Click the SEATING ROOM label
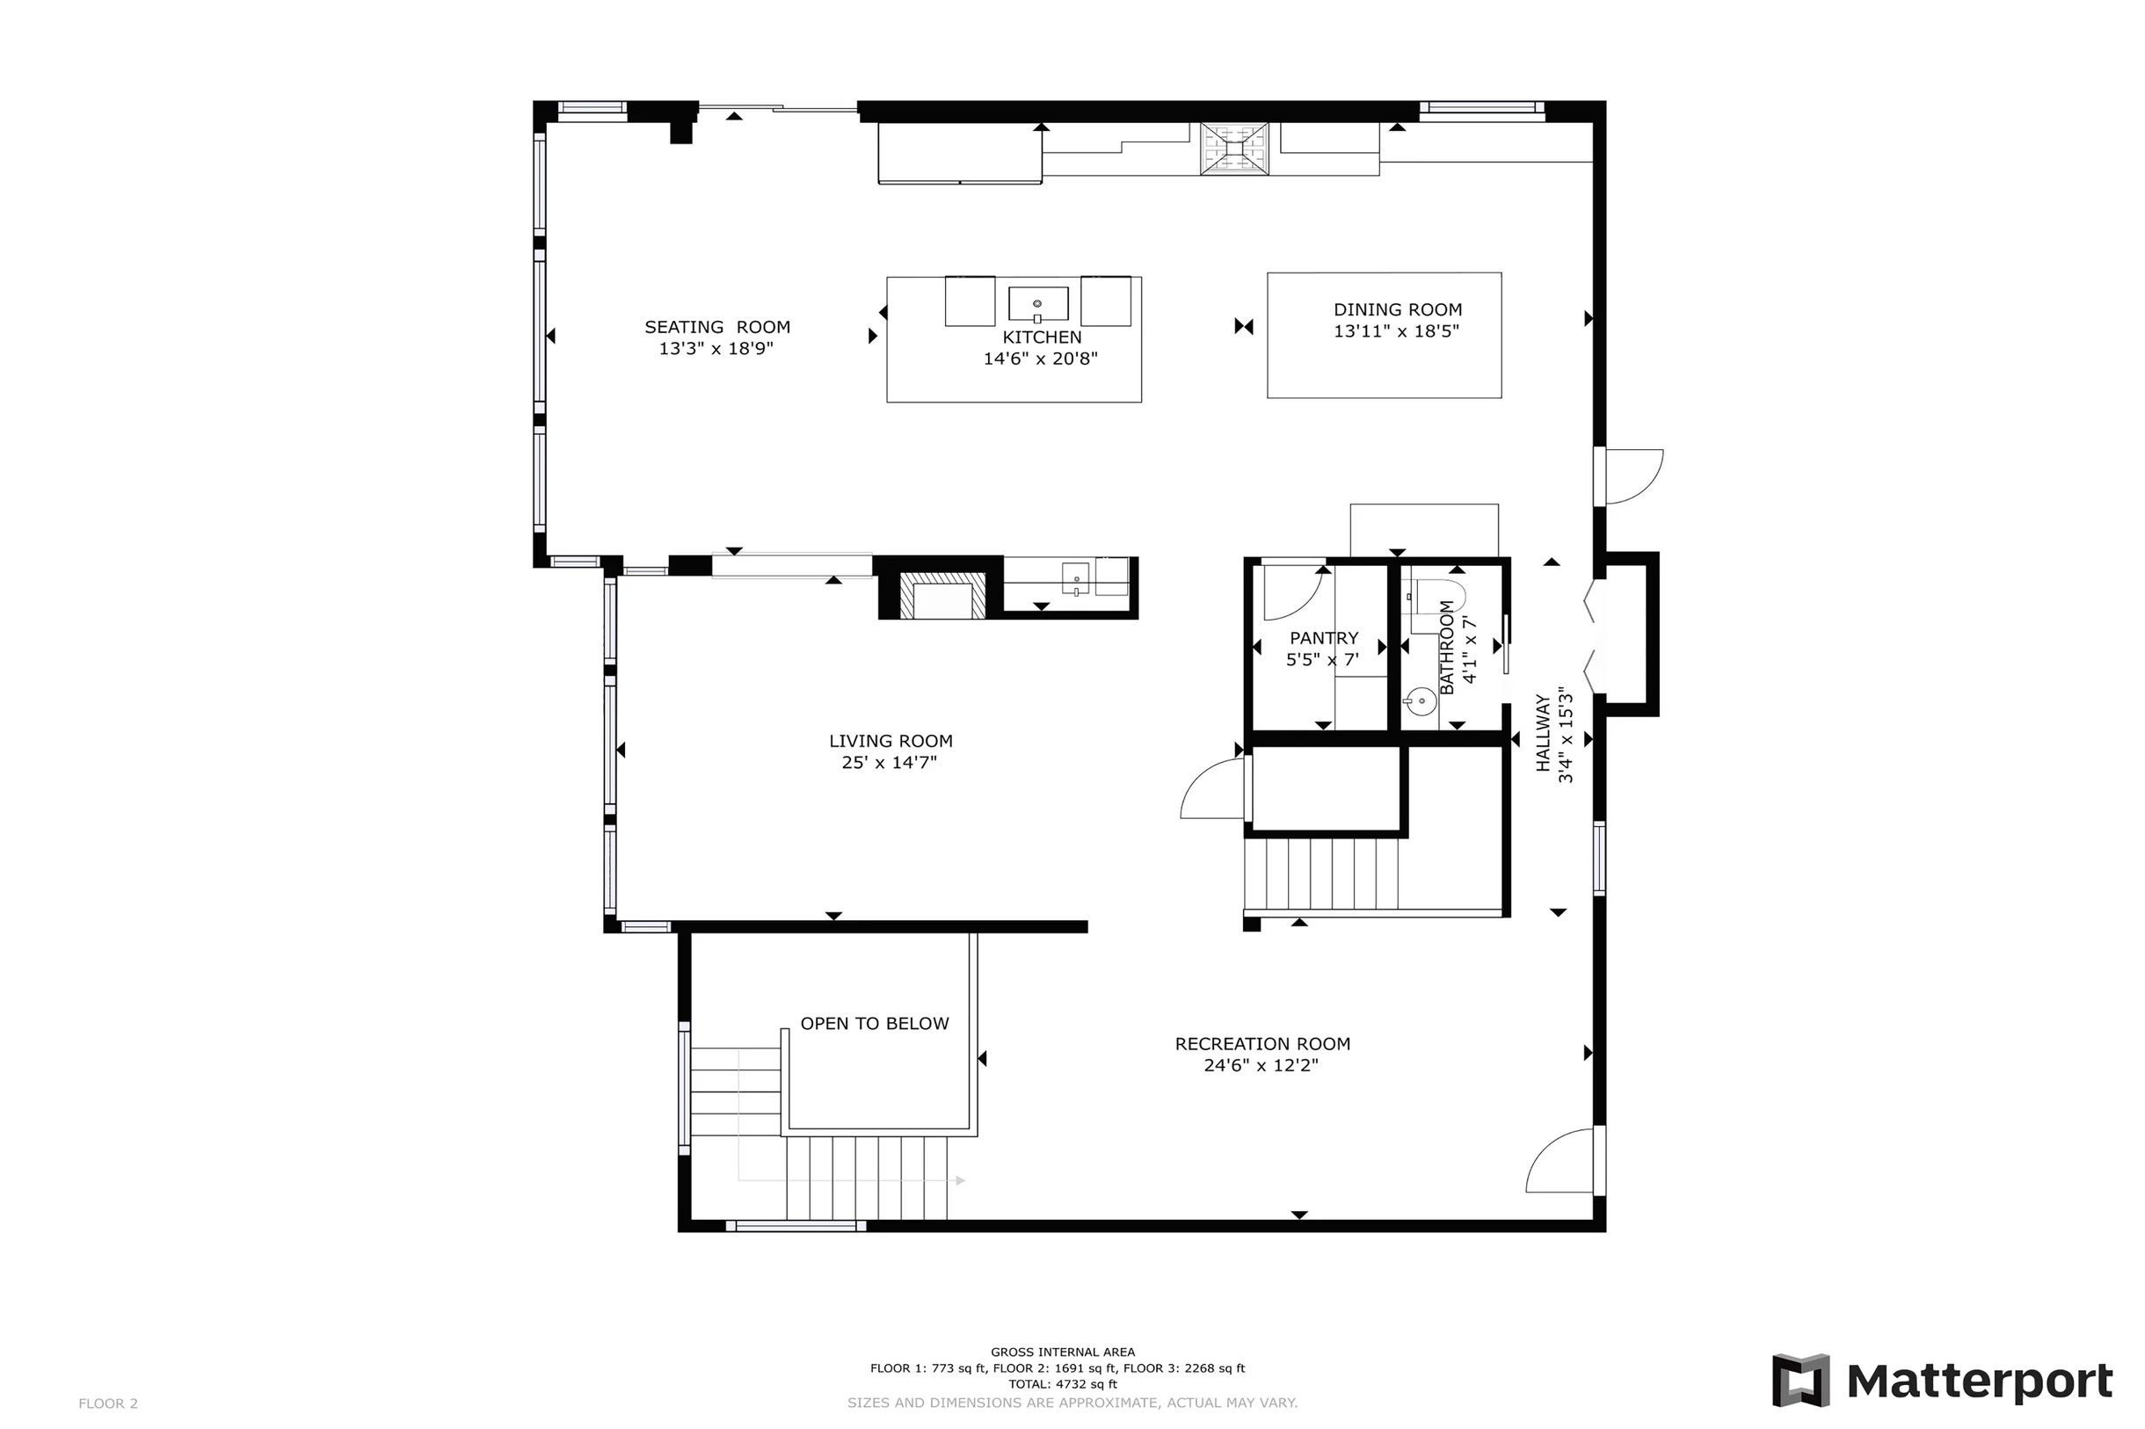click(x=716, y=327)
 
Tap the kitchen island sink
click(x=1037, y=304)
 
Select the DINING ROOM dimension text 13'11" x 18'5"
click(x=1396, y=331)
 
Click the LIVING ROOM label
click(x=891, y=741)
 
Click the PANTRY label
click(x=1324, y=638)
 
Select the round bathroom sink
click(x=1420, y=701)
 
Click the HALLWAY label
click(x=1543, y=733)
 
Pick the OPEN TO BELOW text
click(x=874, y=1024)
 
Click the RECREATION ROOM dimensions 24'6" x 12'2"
click(x=1261, y=1065)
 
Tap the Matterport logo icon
click(x=1800, y=1380)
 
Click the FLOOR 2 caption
click(x=107, y=1404)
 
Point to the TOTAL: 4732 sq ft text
click(x=1062, y=1384)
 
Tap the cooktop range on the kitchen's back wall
click(x=1233, y=148)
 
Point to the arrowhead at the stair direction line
click(x=960, y=1180)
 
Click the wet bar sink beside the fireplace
click(x=1076, y=577)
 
